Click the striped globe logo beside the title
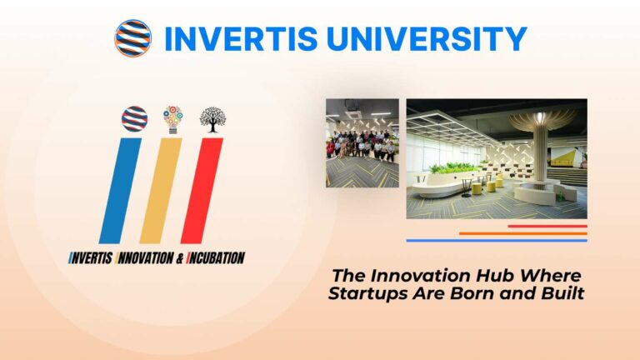pos(132,37)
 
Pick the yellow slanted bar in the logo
pos(161,190)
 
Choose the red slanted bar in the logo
pos(202,190)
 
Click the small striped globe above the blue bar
pos(134,118)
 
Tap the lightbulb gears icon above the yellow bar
pos(172,118)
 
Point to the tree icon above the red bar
pos(212,119)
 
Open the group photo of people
pos(362,142)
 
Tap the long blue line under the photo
pos(497,240)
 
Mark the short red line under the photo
pos(547,226)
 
